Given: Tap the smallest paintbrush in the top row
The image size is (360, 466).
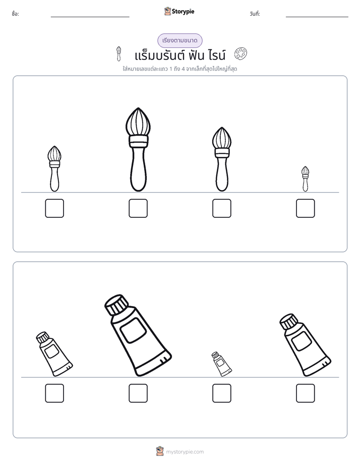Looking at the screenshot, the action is (x=305, y=179).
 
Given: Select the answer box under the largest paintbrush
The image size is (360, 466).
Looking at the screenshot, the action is (x=138, y=208).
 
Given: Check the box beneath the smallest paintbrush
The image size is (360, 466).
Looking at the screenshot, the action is (x=306, y=208).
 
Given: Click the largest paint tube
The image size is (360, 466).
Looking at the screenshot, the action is (x=138, y=335).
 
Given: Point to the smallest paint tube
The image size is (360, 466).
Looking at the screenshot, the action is (x=221, y=364).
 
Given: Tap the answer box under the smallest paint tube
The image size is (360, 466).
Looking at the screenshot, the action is (x=221, y=393).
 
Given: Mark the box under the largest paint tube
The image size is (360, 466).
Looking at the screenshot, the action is (x=138, y=393).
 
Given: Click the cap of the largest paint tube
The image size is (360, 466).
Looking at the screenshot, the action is (x=116, y=305).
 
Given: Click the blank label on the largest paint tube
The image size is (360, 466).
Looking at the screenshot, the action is (x=133, y=330).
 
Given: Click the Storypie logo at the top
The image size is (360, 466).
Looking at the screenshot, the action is (x=179, y=11).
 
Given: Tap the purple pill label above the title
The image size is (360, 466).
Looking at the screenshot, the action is (x=179, y=40).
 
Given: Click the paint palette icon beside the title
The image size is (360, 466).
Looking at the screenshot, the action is (x=241, y=54).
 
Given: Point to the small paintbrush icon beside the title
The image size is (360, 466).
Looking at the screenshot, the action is (x=118, y=53).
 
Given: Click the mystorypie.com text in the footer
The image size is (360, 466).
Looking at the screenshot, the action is (x=185, y=452).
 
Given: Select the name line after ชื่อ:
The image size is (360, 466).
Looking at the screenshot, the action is (x=90, y=17).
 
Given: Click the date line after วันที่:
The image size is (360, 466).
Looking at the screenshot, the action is (x=317, y=17).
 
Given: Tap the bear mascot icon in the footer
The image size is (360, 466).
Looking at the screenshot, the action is (x=160, y=451).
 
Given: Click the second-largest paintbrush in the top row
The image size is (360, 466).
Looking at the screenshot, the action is (x=221, y=159).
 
